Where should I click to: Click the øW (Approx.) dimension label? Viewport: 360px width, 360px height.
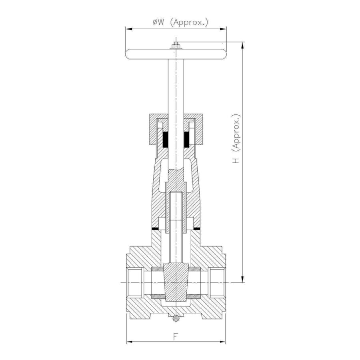click(x=180, y=22)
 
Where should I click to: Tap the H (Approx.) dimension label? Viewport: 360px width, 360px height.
click(x=236, y=138)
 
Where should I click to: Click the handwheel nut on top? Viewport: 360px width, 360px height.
click(x=176, y=45)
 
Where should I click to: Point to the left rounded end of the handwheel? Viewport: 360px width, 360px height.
click(x=128, y=54)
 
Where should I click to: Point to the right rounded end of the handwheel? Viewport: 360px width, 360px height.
click(x=223, y=54)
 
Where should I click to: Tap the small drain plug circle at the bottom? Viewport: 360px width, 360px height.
click(x=176, y=318)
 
